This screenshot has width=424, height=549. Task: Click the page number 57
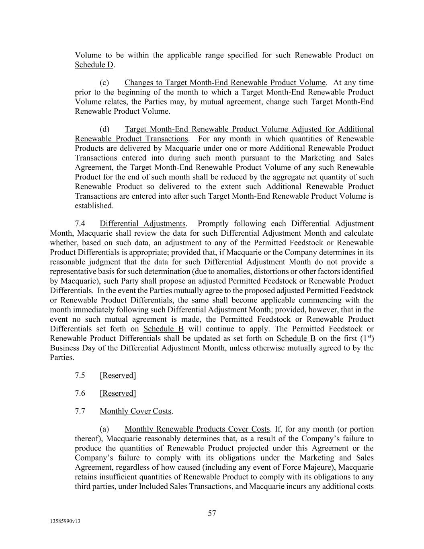pyautogui.click(x=212, y=513)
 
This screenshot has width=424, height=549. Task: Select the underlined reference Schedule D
pyautogui.click(x=94, y=65)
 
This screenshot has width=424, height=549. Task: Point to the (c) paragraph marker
pyautogui.click(x=104, y=83)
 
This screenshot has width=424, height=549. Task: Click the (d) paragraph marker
pyautogui.click(x=104, y=129)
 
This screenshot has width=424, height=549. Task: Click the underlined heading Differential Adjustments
pyautogui.click(x=143, y=224)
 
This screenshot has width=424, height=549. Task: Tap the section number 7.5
pyautogui.click(x=80, y=375)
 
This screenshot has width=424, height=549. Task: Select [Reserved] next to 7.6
pyautogui.click(x=118, y=393)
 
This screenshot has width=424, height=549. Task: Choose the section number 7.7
pyautogui.click(x=80, y=411)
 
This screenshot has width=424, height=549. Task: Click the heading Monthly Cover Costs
pyautogui.click(x=135, y=411)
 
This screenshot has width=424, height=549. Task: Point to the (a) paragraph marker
pyautogui.click(x=104, y=429)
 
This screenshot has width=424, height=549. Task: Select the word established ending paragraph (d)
pyautogui.click(x=93, y=206)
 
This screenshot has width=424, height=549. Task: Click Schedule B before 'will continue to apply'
pyautogui.click(x=164, y=329)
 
